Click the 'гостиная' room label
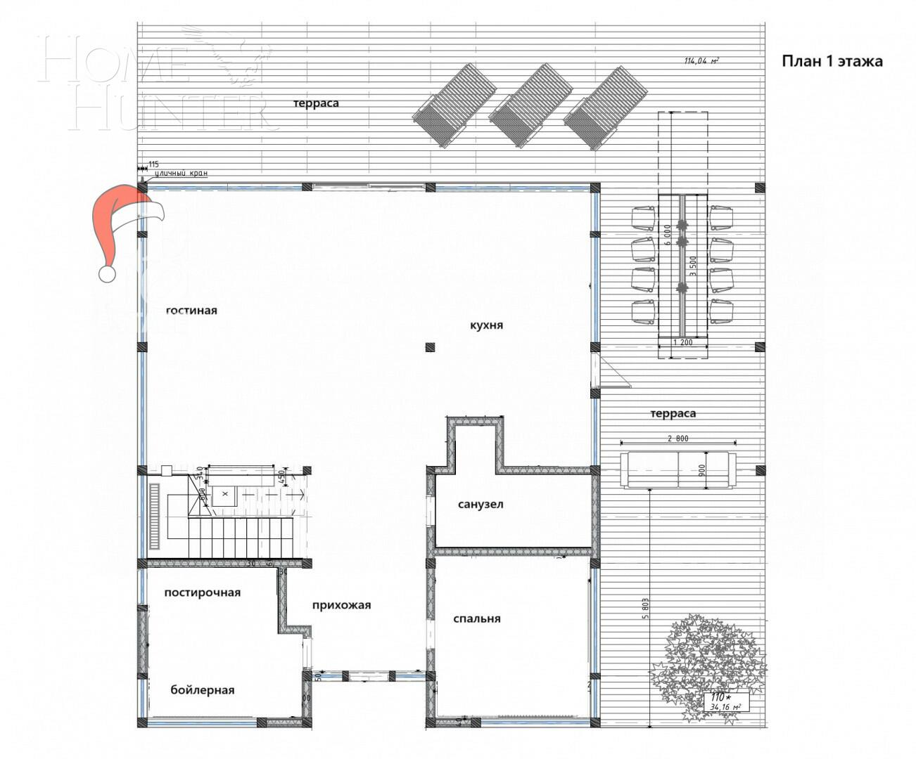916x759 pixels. pos(191,311)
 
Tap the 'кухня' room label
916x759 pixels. pos(486,325)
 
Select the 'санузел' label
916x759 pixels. pos(481,505)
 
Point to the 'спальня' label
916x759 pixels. pos(477,619)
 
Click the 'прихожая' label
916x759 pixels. pos(341,605)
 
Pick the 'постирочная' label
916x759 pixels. pos(203,592)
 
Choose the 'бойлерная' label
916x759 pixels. pos(203,690)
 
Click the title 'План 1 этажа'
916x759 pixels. pos(832,61)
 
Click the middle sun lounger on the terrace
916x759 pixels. pos(531,106)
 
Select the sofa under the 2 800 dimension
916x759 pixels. pos(678,470)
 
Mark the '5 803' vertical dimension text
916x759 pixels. pos(646,609)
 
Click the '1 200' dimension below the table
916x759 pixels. pos(682,343)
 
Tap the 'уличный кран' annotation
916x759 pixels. pos(182,173)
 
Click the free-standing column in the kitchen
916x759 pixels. pos(430,346)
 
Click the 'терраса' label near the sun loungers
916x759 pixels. pos(316,103)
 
